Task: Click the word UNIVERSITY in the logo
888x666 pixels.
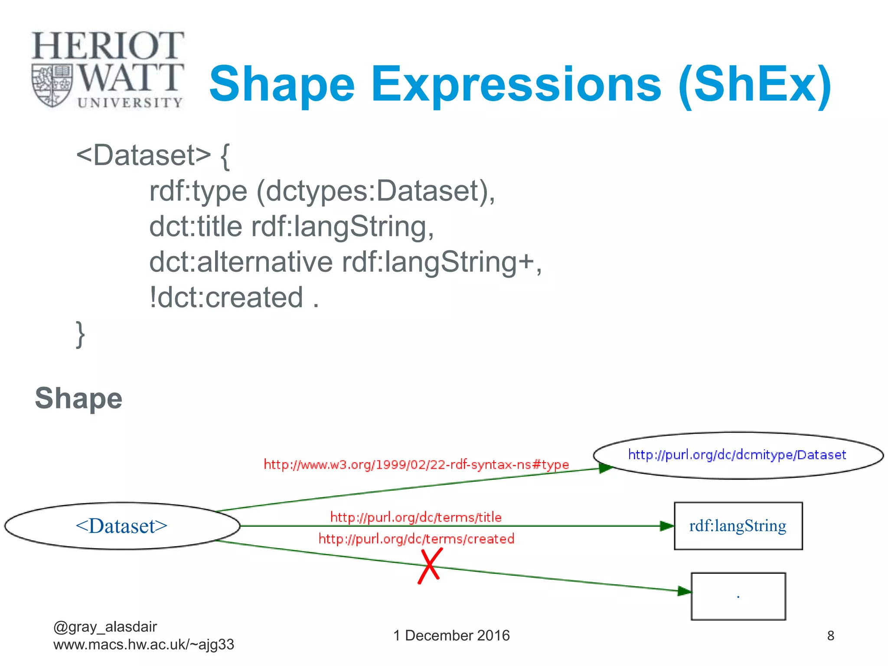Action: coord(130,103)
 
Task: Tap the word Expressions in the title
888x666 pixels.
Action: coord(516,85)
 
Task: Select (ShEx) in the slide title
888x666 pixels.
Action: coord(754,85)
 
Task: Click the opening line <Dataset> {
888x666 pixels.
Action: coord(153,155)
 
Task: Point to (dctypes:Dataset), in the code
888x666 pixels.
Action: coord(375,191)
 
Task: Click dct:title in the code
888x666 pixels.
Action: coord(196,227)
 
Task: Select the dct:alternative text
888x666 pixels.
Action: coord(241,262)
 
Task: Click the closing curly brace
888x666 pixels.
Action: coord(80,333)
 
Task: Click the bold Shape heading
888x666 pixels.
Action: coord(78,398)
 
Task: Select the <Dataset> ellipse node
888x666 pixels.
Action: coord(122,526)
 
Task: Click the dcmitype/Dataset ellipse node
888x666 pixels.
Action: coord(738,455)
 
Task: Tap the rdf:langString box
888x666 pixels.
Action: coord(738,526)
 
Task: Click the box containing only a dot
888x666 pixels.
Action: coord(738,596)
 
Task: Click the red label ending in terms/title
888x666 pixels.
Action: coord(416,517)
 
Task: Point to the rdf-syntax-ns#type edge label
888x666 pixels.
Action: coord(416,465)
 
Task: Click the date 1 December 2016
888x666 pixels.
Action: coord(451,636)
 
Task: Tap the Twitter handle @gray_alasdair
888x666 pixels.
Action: coord(105,627)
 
